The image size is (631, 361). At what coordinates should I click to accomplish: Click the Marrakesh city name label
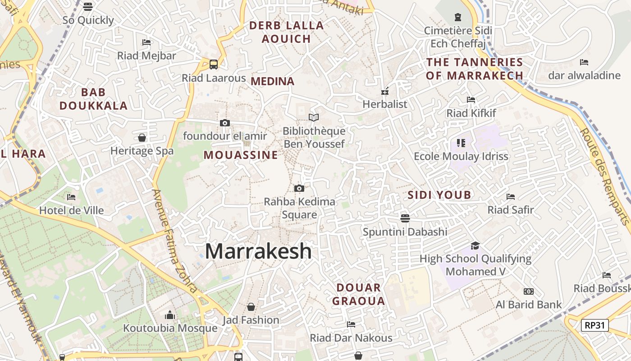pos(258,251)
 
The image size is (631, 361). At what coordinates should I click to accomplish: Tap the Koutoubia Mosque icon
pos(170,315)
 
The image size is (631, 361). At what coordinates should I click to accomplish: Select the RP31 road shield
pos(595,325)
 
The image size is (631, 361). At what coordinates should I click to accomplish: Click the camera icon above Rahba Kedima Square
pos(299,188)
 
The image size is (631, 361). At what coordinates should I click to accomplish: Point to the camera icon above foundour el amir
pos(224,123)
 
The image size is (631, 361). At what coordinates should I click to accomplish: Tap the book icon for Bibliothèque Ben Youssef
pos(314,118)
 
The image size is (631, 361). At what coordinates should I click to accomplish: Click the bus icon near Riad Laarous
pos(214,64)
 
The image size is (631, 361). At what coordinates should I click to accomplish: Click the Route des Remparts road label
pos(604,176)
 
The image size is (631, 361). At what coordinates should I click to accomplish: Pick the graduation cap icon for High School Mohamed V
pos(475,245)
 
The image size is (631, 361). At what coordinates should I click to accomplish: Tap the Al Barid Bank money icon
pos(528,292)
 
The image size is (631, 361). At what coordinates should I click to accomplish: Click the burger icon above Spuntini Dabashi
pos(405,218)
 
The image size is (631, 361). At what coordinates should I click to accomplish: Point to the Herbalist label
pos(385,104)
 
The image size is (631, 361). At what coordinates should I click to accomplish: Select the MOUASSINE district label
pos(241,155)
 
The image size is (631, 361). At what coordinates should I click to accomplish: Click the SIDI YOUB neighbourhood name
pos(439,195)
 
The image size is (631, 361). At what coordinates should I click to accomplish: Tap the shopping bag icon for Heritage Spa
pos(142,138)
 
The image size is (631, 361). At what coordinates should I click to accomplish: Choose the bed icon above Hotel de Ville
pos(71,197)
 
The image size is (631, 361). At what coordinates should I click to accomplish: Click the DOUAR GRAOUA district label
pos(359,294)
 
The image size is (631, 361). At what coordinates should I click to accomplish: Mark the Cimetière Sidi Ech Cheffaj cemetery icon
pos(458,18)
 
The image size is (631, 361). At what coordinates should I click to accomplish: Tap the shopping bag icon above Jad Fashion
pos(251,307)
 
